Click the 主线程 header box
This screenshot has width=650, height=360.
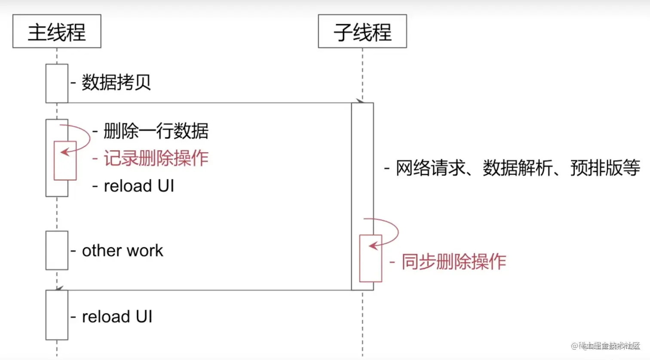point(57,31)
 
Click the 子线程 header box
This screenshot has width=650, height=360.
point(362,31)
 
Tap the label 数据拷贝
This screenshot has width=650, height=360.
point(116,82)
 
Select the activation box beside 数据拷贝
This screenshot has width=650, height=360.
point(57,83)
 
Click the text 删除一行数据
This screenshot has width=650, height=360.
point(156,131)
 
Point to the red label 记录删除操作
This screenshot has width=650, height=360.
point(156,158)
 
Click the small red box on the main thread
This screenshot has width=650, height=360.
point(65,166)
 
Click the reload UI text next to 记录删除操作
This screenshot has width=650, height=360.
point(138,186)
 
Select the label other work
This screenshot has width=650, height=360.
point(123,250)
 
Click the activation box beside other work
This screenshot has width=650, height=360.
point(57,250)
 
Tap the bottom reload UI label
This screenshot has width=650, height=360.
point(117,317)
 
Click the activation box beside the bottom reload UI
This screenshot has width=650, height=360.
point(57,315)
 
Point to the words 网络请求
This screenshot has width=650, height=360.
point(431,168)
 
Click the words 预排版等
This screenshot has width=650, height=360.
point(605,168)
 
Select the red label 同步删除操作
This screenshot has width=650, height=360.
point(454,262)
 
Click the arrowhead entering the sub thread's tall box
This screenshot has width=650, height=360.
point(359,101)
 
